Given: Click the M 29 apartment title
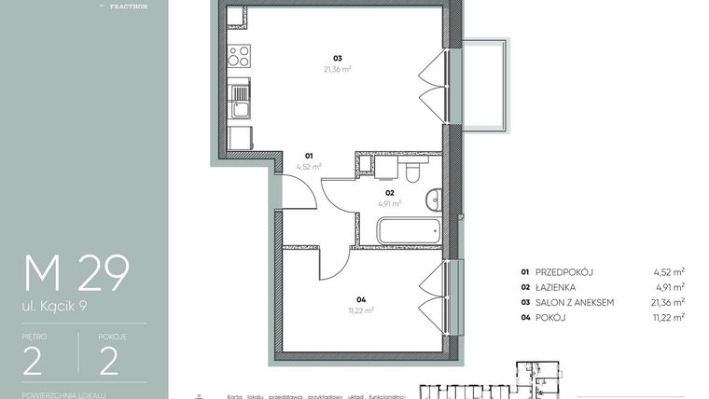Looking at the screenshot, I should tap(76, 273).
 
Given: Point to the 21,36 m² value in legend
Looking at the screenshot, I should tap(667, 302).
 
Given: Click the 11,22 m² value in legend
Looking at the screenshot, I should tap(668, 317).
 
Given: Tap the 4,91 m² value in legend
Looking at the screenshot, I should tap(670, 287).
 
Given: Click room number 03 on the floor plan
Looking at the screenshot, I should tap(338, 58).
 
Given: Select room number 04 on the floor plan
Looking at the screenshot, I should tap(360, 300).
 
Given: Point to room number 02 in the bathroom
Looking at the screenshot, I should tap(390, 193).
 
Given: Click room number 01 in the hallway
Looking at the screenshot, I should tap(309, 156).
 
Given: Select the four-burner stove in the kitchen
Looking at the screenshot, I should tap(240, 55).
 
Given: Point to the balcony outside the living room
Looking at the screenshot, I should tap(486, 85).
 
